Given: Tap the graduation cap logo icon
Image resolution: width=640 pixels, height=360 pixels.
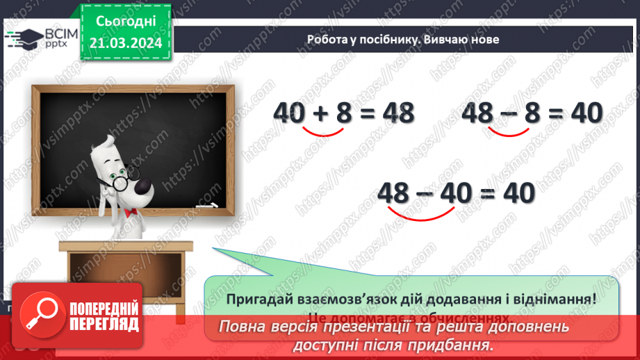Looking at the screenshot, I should pyautogui.click(x=26, y=38).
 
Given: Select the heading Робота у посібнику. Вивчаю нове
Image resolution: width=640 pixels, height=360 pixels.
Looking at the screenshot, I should pyautogui.click(x=403, y=40).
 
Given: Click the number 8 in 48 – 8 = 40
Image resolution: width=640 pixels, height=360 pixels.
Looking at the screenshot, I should pyautogui.click(x=532, y=112).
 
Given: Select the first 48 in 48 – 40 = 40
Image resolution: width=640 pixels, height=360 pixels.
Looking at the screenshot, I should pyautogui.click(x=395, y=192).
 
